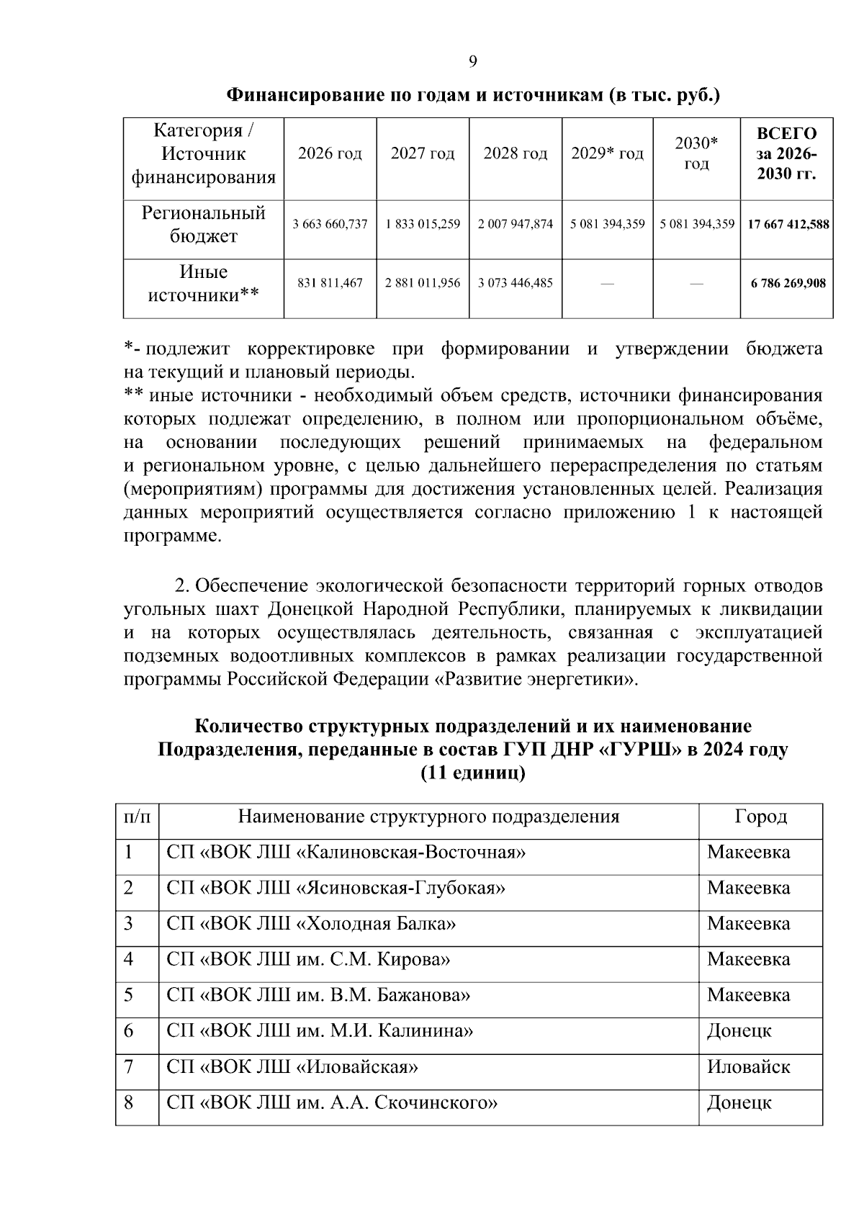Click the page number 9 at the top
click(473, 62)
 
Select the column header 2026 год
click(330, 153)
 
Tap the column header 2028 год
click(515, 153)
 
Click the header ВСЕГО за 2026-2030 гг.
click(786, 153)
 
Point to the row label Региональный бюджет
click(203, 225)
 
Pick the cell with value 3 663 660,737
click(330, 225)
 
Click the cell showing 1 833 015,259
click(423, 225)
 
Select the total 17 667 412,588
click(788, 225)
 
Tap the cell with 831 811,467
click(330, 283)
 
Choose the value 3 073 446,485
click(515, 283)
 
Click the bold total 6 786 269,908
click(788, 283)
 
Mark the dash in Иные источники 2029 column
click(607, 284)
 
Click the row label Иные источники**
click(203, 283)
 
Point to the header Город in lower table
click(760, 817)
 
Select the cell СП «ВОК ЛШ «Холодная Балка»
click(311, 924)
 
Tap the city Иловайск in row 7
click(748, 1066)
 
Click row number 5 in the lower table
click(129, 995)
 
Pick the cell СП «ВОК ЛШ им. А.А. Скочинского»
click(332, 1102)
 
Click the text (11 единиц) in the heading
click(473, 773)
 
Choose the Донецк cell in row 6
click(739, 1030)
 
